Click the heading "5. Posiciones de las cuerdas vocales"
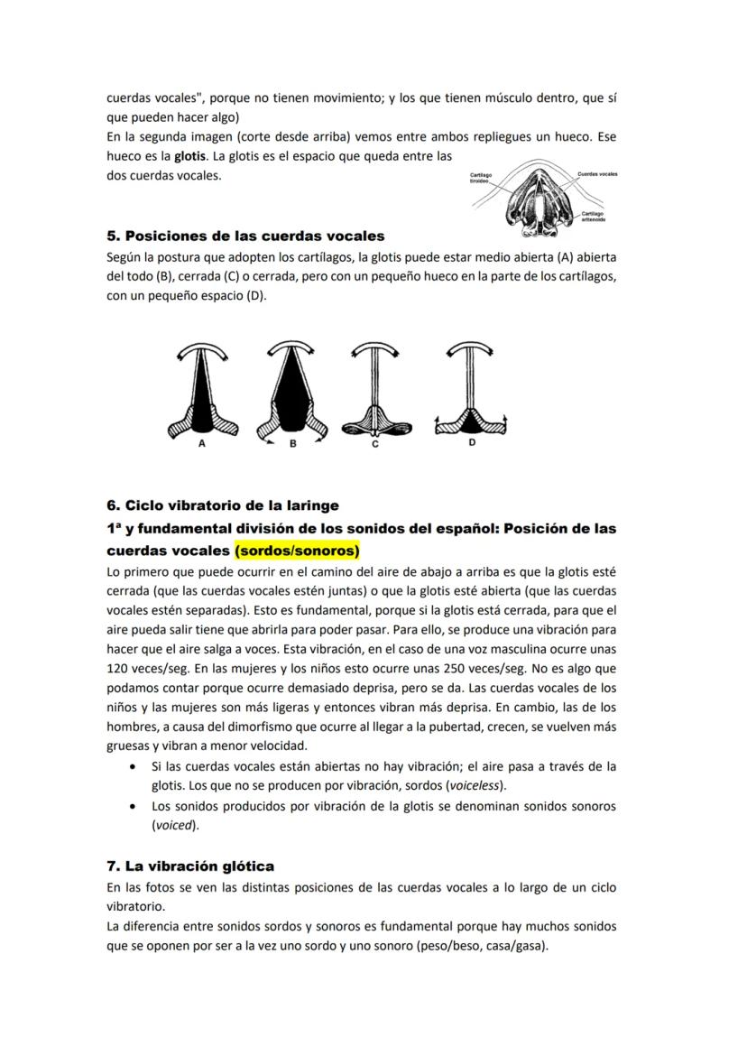click(245, 236)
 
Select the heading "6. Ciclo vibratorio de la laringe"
click(223, 505)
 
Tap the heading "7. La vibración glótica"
click(190, 866)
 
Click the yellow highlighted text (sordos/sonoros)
click(297, 551)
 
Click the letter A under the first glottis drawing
click(202, 444)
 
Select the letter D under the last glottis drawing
click(472, 443)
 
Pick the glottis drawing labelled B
click(290, 393)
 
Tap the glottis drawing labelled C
click(376, 393)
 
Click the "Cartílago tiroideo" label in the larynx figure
click(482, 179)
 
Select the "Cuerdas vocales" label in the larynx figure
click(597, 173)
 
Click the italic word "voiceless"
click(475, 785)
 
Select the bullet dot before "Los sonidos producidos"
click(134, 806)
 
